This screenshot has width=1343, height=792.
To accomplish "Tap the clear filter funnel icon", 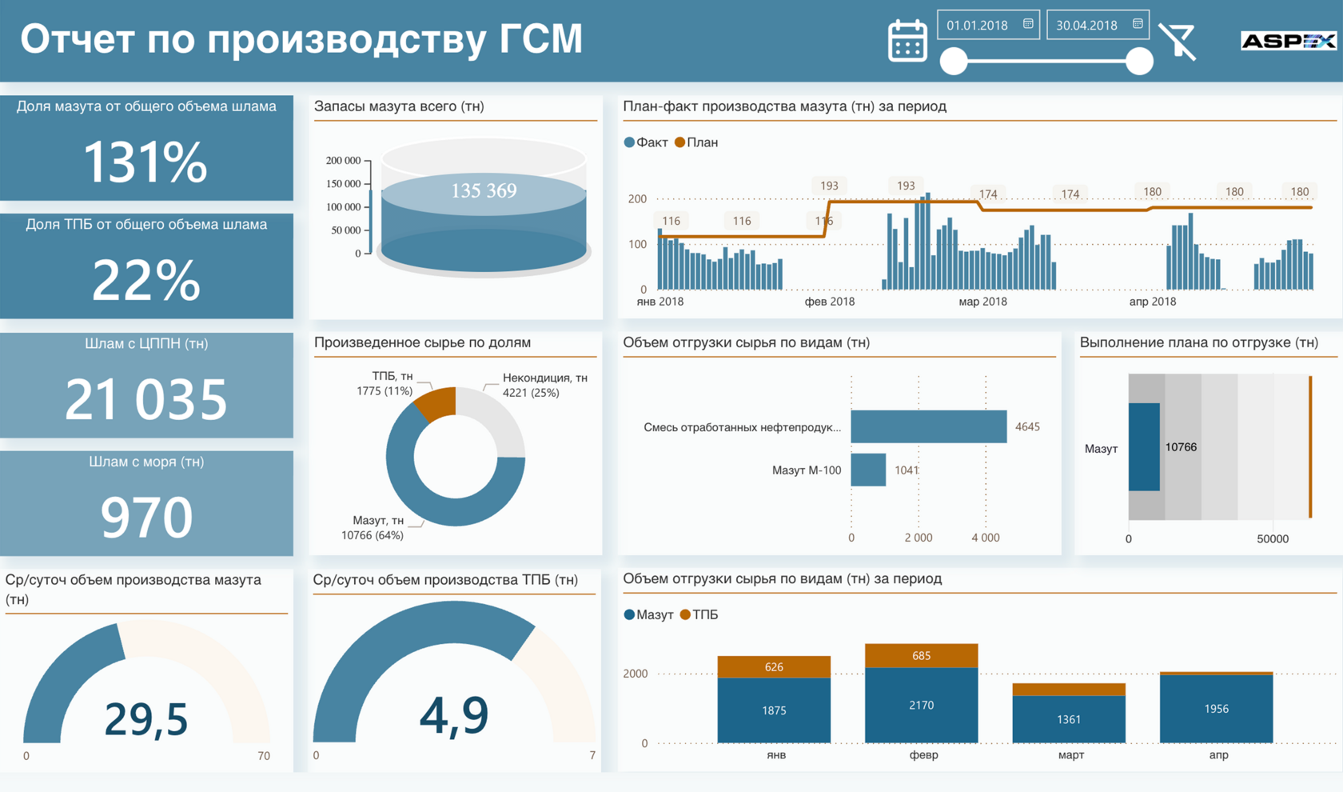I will tap(1178, 42).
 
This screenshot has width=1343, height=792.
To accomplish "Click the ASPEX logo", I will tap(1288, 41).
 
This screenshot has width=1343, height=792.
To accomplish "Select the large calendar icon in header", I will tap(907, 41).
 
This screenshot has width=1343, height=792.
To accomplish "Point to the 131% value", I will tap(145, 162).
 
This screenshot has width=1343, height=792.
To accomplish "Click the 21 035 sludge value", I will tap(145, 399).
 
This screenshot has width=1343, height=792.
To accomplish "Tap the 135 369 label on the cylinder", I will tap(484, 190).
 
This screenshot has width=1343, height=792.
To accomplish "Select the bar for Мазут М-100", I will tap(868, 470).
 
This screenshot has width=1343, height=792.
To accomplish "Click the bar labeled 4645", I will tap(928, 426).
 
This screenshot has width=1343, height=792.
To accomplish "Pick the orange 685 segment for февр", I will tap(921, 655).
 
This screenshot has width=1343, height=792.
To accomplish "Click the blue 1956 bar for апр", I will tap(1216, 709).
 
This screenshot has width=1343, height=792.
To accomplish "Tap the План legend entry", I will tap(696, 142).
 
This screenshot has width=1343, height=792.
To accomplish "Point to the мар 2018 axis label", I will tap(982, 302).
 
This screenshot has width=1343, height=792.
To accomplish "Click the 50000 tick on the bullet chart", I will tap(1272, 538).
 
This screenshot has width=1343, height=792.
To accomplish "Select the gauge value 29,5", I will tap(145, 718).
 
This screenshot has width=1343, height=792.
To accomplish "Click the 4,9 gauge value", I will tap(453, 714).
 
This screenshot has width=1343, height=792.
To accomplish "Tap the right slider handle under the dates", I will tap(1139, 62).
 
